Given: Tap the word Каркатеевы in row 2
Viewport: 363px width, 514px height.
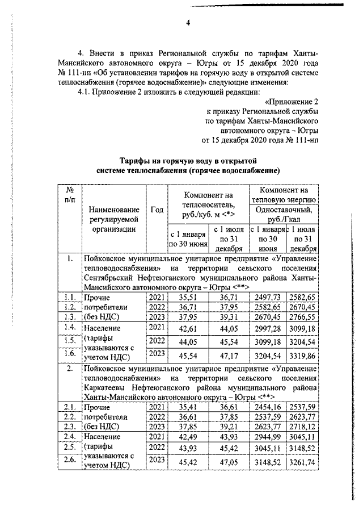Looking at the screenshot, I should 108,391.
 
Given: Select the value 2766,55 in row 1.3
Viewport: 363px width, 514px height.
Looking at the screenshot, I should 303,317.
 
